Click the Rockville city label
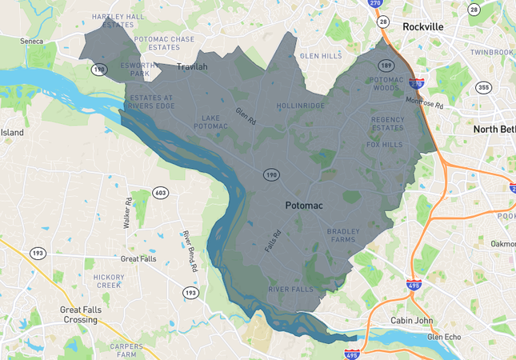point(423,26)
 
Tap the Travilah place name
point(191,66)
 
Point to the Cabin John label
point(411,321)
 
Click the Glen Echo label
point(444,337)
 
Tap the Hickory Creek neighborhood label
point(108,281)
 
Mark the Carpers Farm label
point(126,350)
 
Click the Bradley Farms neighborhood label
point(343,235)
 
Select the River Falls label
point(290,289)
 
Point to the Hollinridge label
point(301,106)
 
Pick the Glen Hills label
point(321,56)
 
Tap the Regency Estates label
point(387,124)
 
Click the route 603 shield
point(161,193)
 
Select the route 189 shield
point(386,65)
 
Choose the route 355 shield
point(482,87)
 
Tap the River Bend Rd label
point(189,252)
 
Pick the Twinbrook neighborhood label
point(491,52)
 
